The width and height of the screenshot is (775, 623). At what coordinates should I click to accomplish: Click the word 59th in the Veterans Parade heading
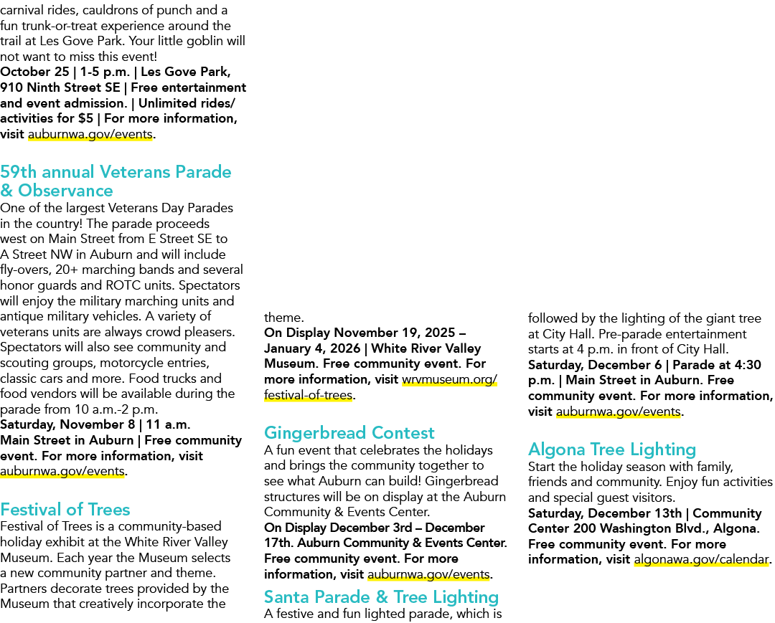pos(18,172)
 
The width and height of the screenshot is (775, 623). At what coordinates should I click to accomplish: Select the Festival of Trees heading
pos(65,510)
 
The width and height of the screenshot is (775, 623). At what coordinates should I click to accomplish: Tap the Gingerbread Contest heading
pos(349,432)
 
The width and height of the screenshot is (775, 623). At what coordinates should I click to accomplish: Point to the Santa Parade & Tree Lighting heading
pos(382,597)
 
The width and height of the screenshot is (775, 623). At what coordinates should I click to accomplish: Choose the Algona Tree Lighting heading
pos(612,450)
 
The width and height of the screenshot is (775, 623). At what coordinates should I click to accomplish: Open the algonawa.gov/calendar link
pos(701,559)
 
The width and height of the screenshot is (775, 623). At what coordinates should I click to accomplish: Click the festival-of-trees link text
pos(308,395)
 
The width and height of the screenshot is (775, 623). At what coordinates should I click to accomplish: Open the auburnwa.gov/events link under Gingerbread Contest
pos(428,575)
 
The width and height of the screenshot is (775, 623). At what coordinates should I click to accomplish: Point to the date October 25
pos(34,72)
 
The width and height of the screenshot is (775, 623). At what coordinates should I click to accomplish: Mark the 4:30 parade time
pos(747,365)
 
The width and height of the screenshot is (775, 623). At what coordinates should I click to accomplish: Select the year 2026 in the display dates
pos(344,348)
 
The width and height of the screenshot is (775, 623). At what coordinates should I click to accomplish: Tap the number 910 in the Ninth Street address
pos(11,87)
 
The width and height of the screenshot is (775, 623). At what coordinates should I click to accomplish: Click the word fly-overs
pos(24,270)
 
